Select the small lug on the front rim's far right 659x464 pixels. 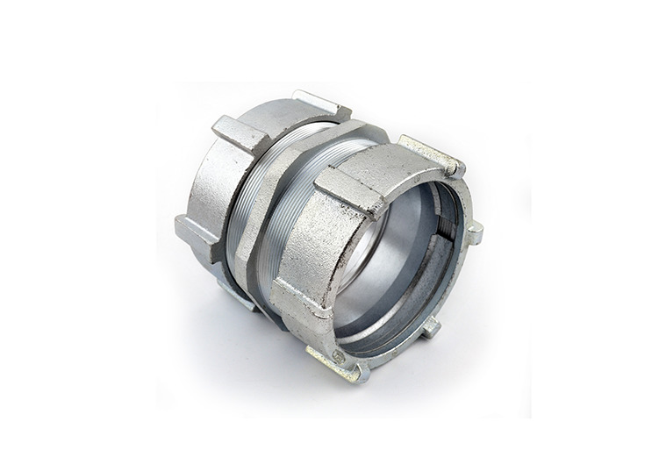click(x=474, y=232)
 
